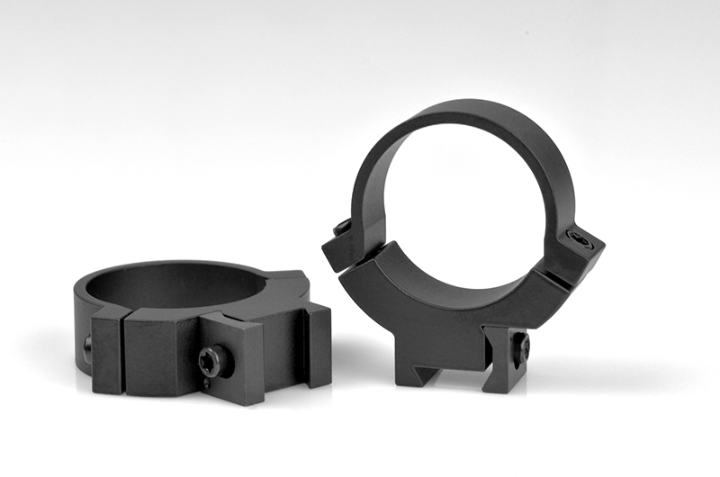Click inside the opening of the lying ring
[x=180, y=286]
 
